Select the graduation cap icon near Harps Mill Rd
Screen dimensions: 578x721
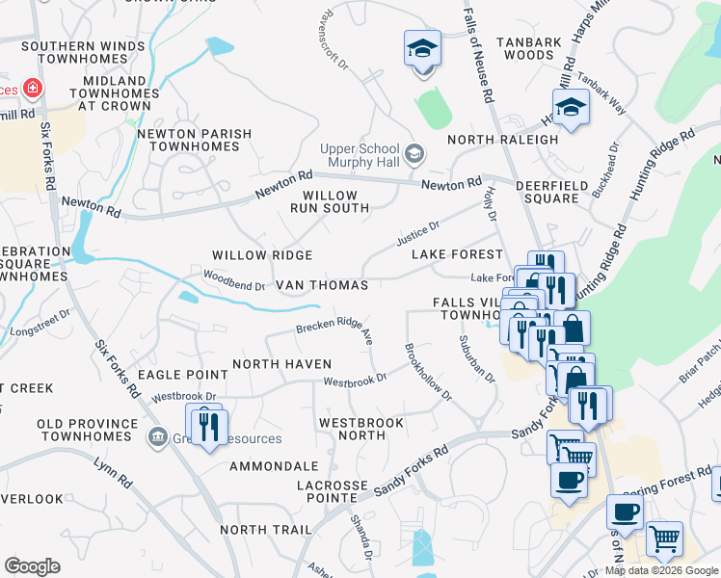(x=571, y=108)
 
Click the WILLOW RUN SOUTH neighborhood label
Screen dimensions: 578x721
(x=324, y=201)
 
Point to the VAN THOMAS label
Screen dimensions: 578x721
(x=322, y=286)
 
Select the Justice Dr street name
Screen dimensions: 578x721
(x=417, y=232)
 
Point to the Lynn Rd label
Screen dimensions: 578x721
(x=112, y=465)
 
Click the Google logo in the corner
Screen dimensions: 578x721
(x=32, y=566)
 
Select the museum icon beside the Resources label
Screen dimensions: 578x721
(x=156, y=438)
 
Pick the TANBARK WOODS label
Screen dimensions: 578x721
(x=528, y=48)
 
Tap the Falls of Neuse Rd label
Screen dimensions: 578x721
(x=478, y=58)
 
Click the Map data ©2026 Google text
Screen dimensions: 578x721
(x=661, y=570)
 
